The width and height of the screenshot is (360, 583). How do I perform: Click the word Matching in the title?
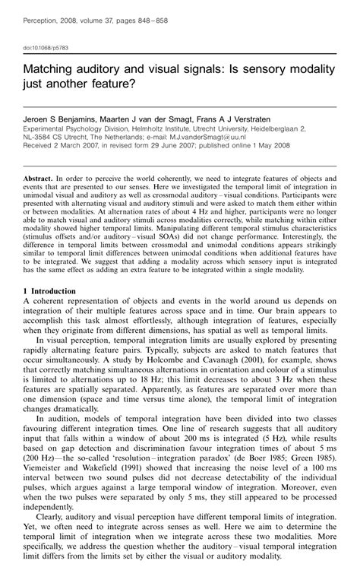click(49, 70)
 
